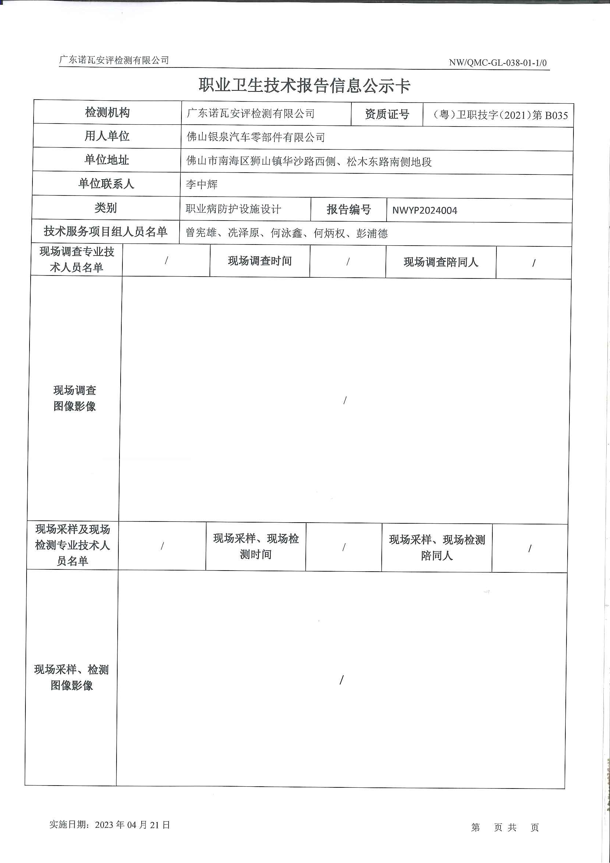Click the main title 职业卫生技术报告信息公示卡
click(x=304, y=86)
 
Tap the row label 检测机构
click(x=107, y=112)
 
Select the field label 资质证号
click(x=387, y=114)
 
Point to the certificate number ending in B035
click(x=500, y=115)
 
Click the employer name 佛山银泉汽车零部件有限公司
click(x=256, y=137)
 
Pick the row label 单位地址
click(x=107, y=160)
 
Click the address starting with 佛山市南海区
click(x=309, y=162)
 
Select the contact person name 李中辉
click(x=201, y=184)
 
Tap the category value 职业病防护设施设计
click(x=233, y=209)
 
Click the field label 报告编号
click(x=349, y=209)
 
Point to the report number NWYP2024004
click(x=425, y=211)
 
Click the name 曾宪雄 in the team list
click(x=201, y=233)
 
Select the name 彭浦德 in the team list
click(x=372, y=234)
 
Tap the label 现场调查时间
click(x=260, y=261)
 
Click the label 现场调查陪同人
click(x=440, y=262)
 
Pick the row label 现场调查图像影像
click(x=74, y=398)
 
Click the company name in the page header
click(x=114, y=60)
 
